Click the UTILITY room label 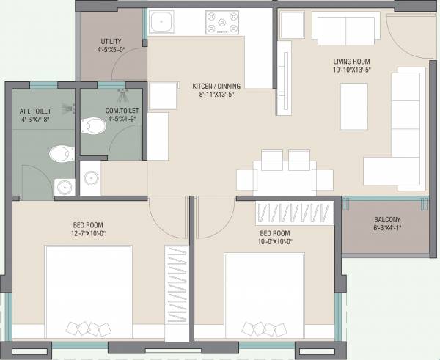tap(111, 42)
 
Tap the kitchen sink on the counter tap(161, 23)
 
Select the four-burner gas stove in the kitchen tap(221, 22)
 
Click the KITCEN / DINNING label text tap(216, 85)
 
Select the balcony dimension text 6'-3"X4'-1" tap(387, 228)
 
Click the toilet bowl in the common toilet tap(94, 126)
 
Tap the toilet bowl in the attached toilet tap(60, 154)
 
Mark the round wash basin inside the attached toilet tap(65, 186)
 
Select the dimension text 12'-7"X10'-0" tap(84, 233)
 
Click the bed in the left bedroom tap(89, 293)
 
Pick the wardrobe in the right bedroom tap(295, 213)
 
